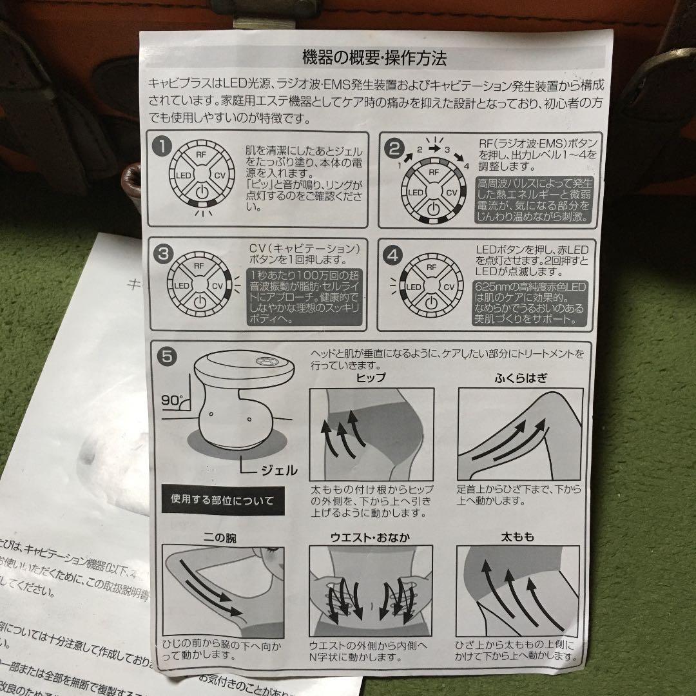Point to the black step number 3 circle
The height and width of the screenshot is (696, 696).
point(163,254)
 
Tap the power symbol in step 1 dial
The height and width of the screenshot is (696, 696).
point(202,192)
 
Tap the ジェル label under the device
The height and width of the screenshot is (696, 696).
point(277,470)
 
